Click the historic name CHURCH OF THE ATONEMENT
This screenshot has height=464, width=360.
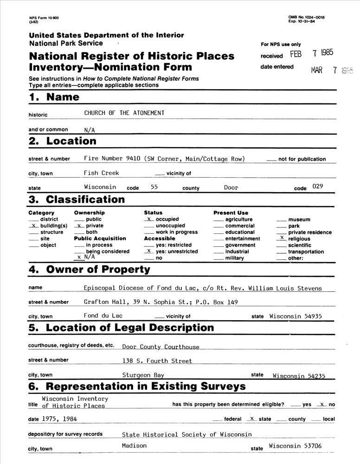point(124,113)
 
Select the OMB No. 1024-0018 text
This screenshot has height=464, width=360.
point(306,17)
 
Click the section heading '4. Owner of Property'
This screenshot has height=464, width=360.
point(90,270)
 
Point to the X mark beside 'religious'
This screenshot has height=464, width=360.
point(282,238)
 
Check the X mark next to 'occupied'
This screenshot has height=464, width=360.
point(148,219)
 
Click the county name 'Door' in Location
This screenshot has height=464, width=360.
point(231,187)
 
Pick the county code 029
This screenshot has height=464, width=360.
point(318,187)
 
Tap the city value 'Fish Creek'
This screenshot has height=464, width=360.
point(101,173)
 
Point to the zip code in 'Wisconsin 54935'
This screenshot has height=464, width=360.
point(313,316)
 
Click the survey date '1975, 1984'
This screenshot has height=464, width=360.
point(59,419)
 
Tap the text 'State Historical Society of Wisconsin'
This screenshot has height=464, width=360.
point(186,435)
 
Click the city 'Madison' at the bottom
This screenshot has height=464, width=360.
point(134,445)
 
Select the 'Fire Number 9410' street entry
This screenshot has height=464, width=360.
point(109,159)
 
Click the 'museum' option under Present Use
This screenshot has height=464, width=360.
point(299,219)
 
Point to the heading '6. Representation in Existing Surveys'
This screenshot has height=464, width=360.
point(137,387)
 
